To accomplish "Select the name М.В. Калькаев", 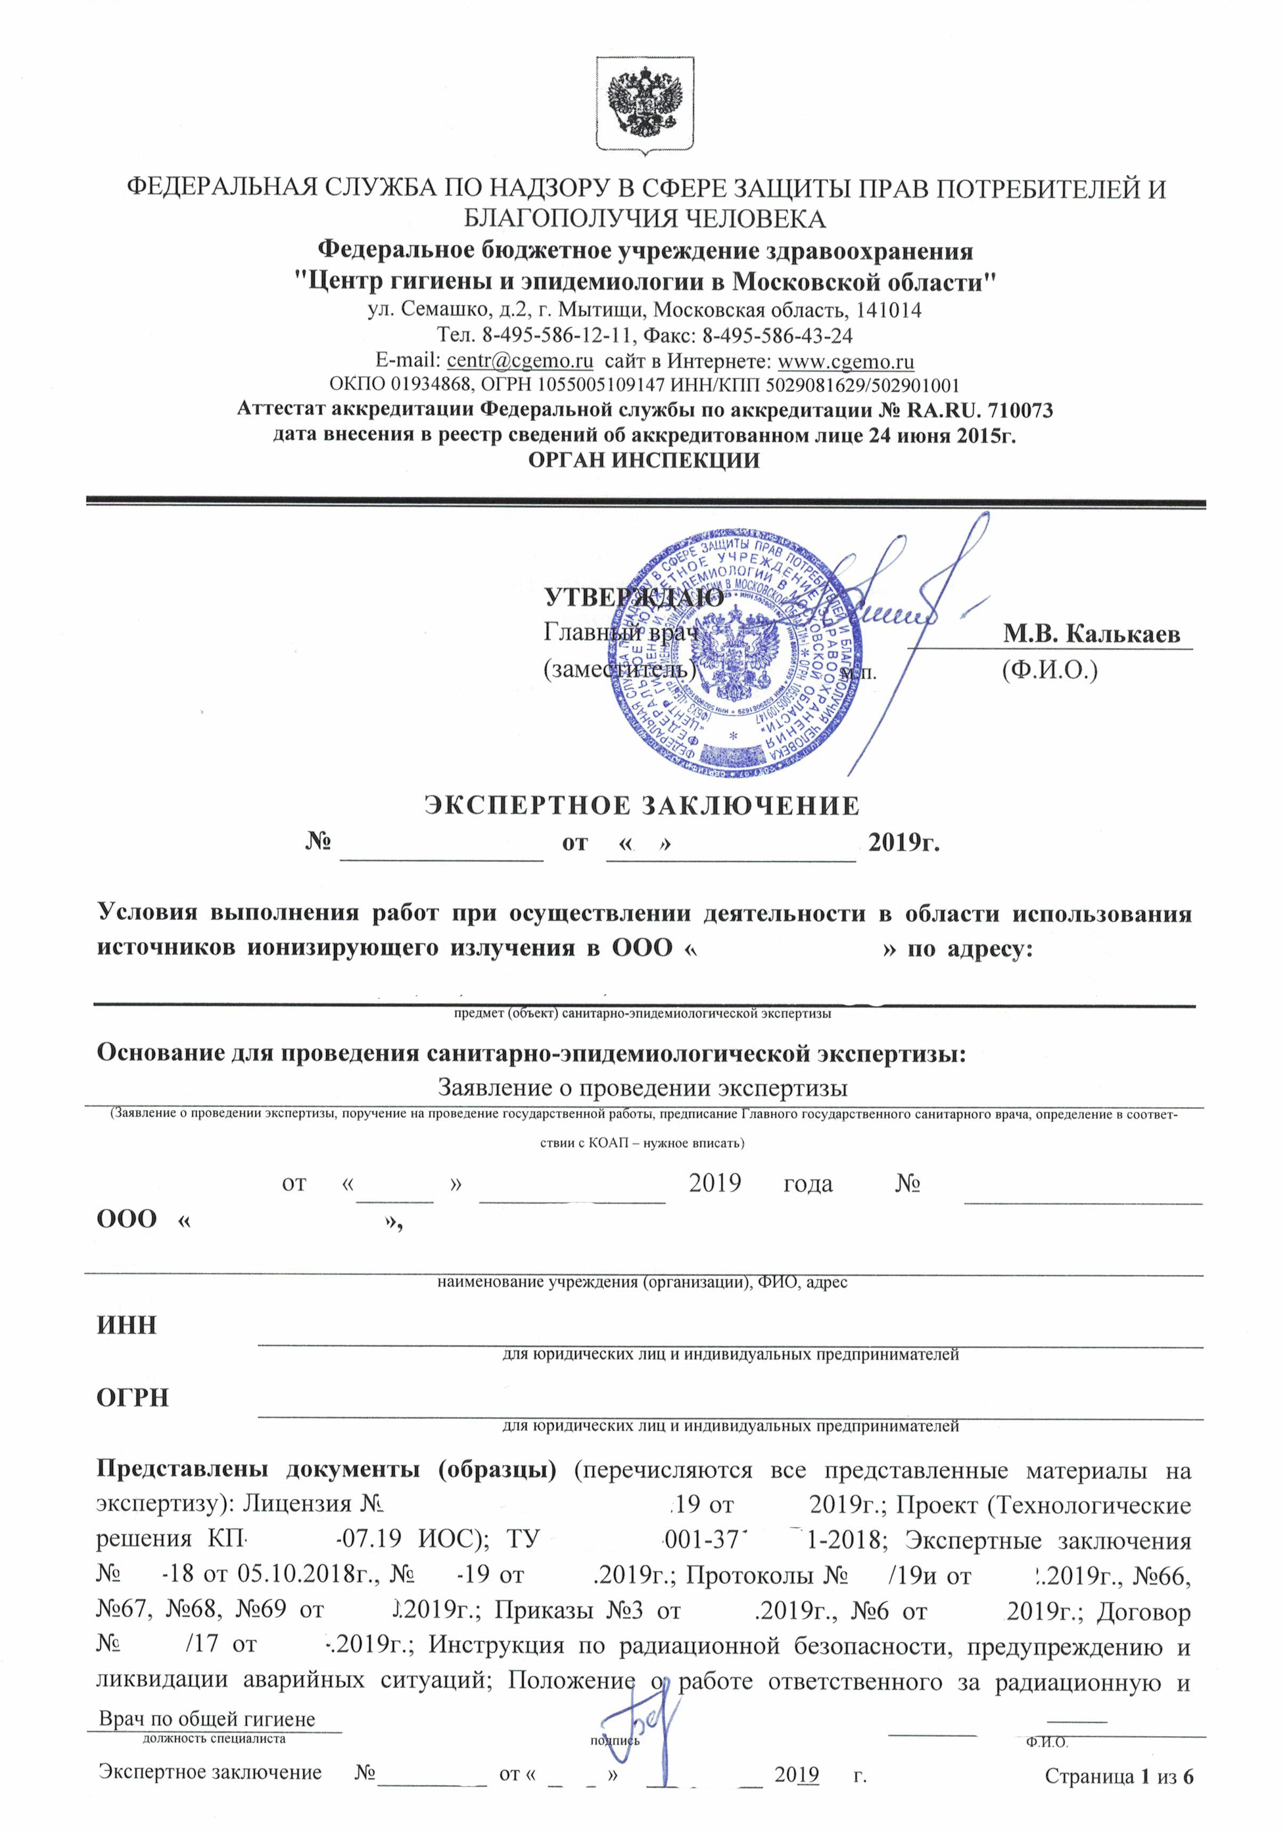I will [x=1091, y=634].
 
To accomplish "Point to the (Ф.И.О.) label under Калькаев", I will [x=1049, y=671].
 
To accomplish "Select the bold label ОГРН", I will [x=132, y=1398].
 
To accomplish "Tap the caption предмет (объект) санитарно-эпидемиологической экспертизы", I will [x=642, y=1014].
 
